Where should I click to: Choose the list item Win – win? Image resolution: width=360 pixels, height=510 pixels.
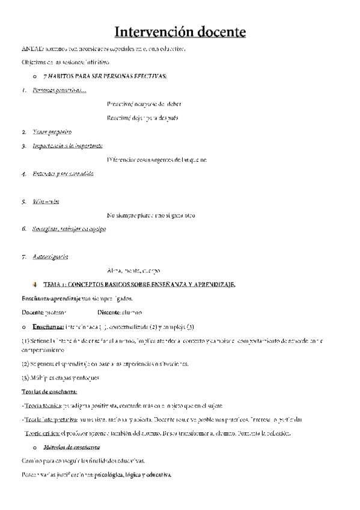[x=46, y=201]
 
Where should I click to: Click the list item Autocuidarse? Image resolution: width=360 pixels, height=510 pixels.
[x=50, y=257]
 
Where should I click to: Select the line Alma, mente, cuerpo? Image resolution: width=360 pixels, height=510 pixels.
[x=133, y=271]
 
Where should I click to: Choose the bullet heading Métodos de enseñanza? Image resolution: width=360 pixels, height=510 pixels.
[x=75, y=447]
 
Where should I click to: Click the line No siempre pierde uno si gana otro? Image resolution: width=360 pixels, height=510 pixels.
[x=150, y=215]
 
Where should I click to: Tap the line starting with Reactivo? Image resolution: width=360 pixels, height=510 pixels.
[x=142, y=117]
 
